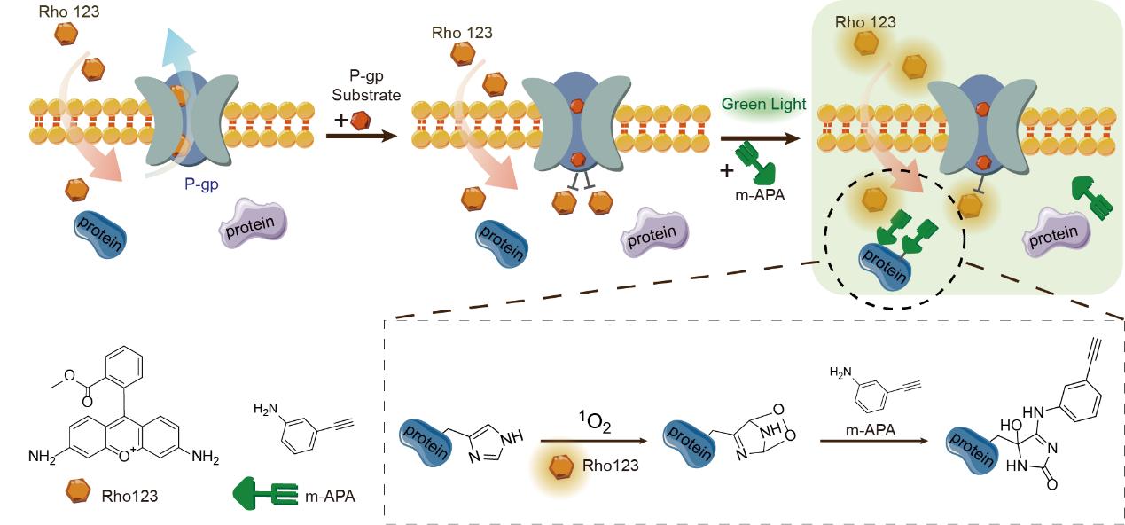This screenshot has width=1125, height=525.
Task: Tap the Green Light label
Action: pyautogui.click(x=763, y=105)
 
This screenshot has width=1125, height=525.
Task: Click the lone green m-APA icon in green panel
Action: pyautogui.click(x=1090, y=195)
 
